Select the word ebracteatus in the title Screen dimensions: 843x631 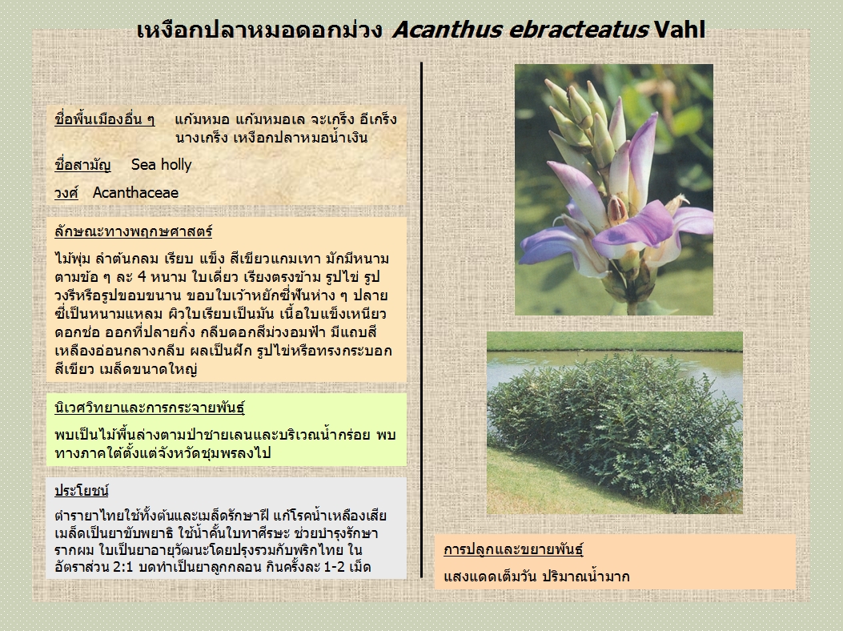click(x=578, y=30)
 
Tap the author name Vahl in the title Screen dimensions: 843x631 click(x=680, y=30)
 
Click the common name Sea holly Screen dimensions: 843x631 click(x=161, y=165)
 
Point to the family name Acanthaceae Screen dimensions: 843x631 click(x=135, y=192)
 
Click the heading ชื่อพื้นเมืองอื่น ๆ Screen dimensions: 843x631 click(x=104, y=119)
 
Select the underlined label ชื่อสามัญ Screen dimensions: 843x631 click(x=82, y=165)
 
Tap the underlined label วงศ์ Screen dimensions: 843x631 click(x=66, y=192)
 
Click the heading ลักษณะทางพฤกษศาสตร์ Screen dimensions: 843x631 click(x=134, y=232)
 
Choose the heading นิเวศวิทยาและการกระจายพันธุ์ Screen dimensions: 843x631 click(x=150, y=408)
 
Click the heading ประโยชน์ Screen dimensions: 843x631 click(x=82, y=491)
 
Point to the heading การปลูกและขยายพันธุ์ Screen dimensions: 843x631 click(x=513, y=549)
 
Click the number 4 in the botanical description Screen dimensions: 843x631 click(x=142, y=277)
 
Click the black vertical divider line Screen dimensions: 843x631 click(x=421, y=320)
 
